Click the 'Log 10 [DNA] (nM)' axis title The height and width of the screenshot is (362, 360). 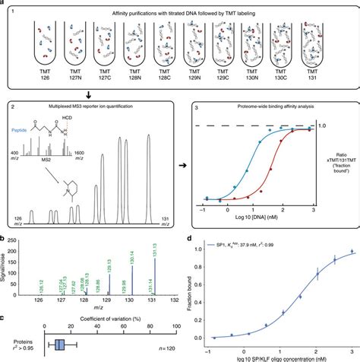[x=254, y=225]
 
